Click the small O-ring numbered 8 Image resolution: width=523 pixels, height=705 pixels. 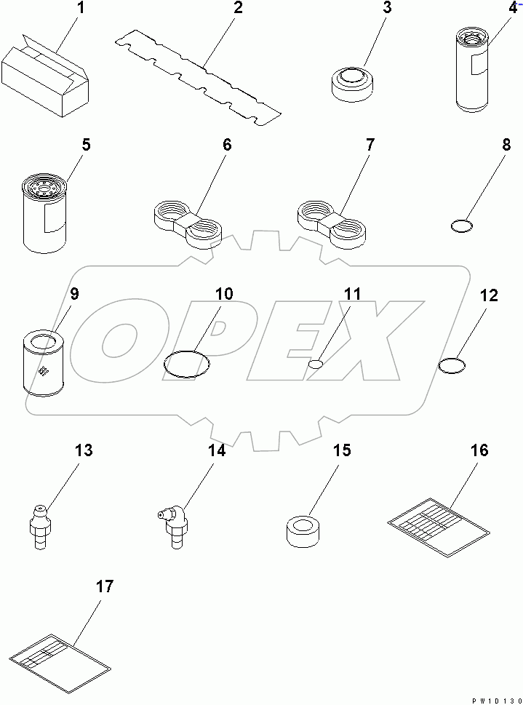(460, 228)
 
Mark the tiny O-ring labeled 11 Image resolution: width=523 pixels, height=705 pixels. (315, 363)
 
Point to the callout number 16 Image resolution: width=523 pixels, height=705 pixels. (479, 450)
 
